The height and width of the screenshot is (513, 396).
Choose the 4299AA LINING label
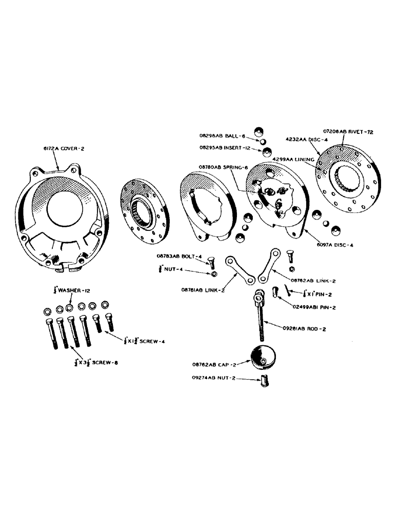294,160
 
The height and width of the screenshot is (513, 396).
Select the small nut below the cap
265,382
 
